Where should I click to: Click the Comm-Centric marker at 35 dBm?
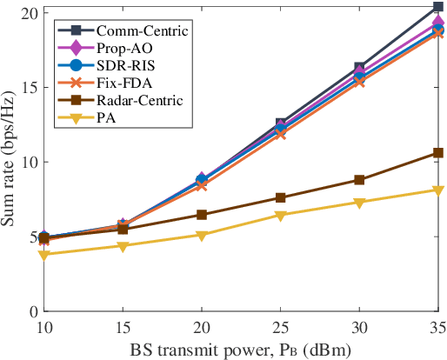(x=438, y=7)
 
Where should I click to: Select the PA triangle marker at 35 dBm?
(x=438, y=190)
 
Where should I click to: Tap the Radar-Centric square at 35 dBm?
(x=438, y=153)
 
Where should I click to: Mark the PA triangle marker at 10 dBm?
(x=43, y=255)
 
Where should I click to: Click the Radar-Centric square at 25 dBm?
(x=280, y=198)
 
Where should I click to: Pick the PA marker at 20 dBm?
(x=202, y=236)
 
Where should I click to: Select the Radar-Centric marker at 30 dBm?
(x=359, y=180)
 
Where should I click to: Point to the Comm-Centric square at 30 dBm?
(x=359, y=68)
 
